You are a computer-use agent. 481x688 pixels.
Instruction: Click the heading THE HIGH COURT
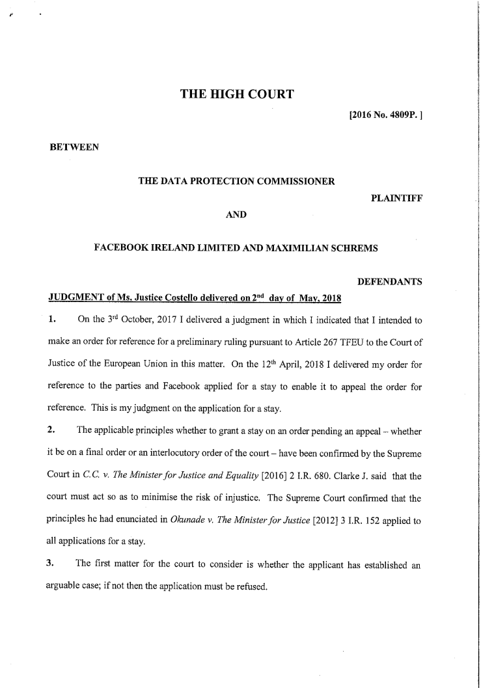coord(237,96)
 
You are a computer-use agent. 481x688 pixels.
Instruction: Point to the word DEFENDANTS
coord(390,282)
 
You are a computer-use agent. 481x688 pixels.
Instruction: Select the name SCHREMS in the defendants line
coord(356,248)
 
